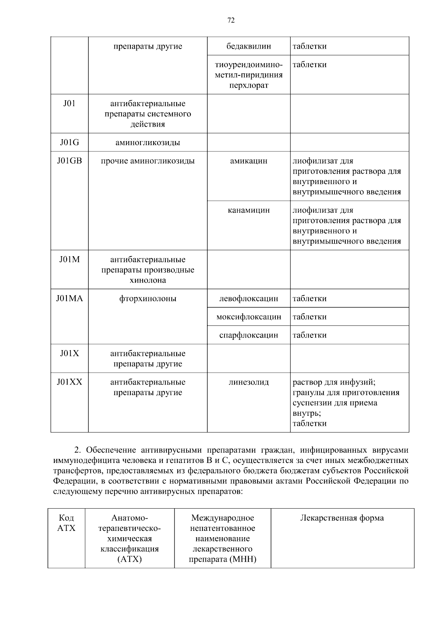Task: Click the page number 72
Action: pyautogui.click(x=231, y=21)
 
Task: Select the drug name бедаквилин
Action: pyautogui.click(x=249, y=46)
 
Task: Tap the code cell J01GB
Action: pyautogui.click(x=70, y=161)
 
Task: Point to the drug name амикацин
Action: pyautogui.click(x=249, y=161)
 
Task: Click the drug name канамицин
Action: pyautogui.click(x=249, y=210)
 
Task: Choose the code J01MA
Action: pyautogui.click(x=70, y=298)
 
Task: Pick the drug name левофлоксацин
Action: pyautogui.click(x=249, y=298)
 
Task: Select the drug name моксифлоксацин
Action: pyautogui.click(x=249, y=317)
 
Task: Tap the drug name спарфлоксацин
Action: pyautogui.click(x=249, y=335)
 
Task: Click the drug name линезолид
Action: pyautogui.click(x=249, y=382)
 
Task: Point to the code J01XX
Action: pyautogui.click(x=70, y=382)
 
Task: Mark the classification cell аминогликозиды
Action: pyautogui.click(x=148, y=143)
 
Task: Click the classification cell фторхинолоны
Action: pyautogui.click(x=148, y=298)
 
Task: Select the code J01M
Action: pyautogui.click(x=70, y=259)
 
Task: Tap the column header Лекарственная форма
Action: pyautogui.click(x=342, y=518)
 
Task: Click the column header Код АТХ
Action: pyautogui.click(x=67, y=523)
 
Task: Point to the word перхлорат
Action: pyautogui.click(x=249, y=85)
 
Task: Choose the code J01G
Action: pyautogui.click(x=70, y=143)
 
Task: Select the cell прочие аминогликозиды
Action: pyautogui.click(x=148, y=161)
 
